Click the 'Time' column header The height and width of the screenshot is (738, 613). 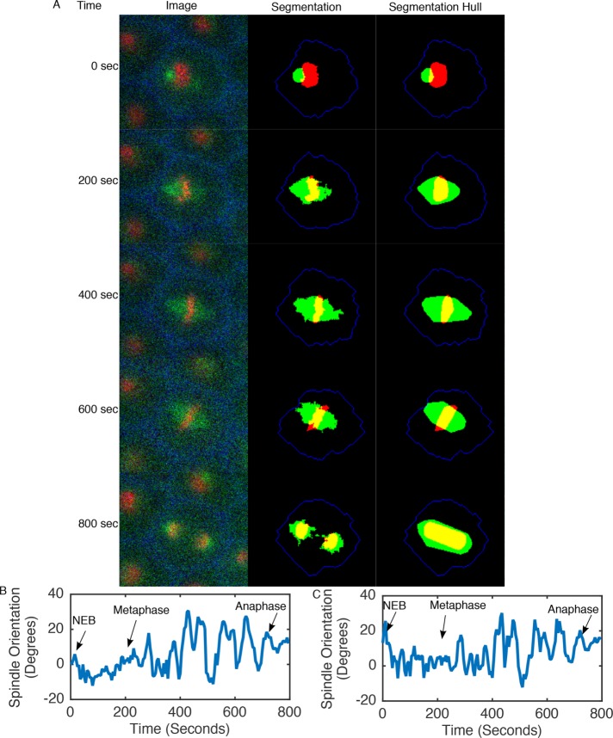tap(88, 6)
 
